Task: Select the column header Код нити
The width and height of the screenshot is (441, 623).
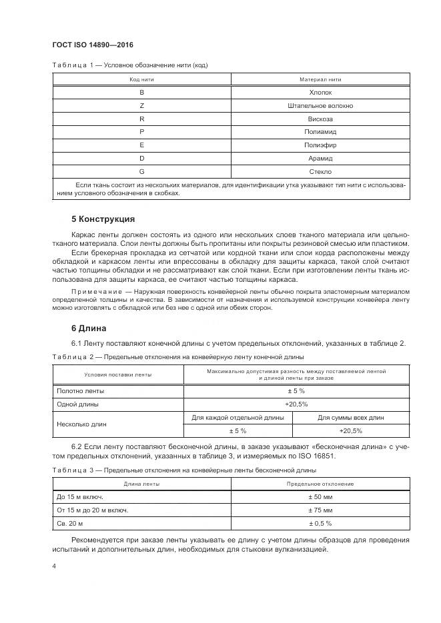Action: (141, 79)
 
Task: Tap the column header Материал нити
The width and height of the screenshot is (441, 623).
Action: (320, 79)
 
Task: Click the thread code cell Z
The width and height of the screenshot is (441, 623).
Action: (141, 106)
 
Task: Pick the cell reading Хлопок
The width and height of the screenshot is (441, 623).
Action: (320, 93)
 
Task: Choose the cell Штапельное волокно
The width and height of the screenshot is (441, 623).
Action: (320, 106)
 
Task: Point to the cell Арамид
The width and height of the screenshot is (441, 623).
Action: (320, 159)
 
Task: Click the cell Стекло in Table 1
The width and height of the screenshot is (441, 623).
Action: (320, 171)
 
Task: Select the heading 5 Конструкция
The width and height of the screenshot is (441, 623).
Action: (103, 219)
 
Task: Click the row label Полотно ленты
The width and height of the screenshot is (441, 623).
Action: (80, 391)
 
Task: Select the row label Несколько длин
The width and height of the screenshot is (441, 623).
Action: (82, 424)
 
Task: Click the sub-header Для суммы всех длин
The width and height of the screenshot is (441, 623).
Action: (350, 417)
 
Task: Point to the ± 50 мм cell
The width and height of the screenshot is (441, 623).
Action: (320, 497)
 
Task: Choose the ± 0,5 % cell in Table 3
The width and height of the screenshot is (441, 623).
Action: (320, 523)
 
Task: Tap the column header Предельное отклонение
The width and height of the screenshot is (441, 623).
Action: (320, 484)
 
